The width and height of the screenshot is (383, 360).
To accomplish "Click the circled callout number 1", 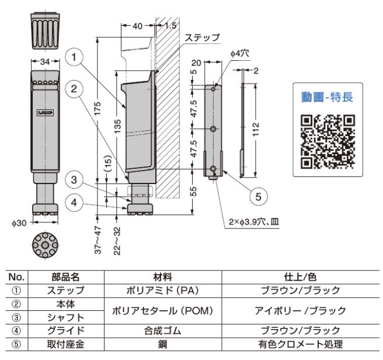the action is coord(74,57).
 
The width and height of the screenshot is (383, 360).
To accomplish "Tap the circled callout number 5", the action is coord(259,196).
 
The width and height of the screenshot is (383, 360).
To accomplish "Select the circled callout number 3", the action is coord(74,180).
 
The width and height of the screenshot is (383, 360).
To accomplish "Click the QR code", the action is coord(328,141).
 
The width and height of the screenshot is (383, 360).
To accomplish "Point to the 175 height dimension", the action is coord(98,108).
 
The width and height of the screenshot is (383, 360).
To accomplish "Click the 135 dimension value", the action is coord(117,126).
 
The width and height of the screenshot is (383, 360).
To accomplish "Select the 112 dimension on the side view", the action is coord(256,129).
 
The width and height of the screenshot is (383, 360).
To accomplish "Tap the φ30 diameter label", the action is coord(19,223).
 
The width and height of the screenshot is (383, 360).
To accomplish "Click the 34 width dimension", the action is coord(45,61).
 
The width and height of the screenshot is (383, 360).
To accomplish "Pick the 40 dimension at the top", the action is coord(137,26).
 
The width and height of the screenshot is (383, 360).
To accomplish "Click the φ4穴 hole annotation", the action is coord(240,54).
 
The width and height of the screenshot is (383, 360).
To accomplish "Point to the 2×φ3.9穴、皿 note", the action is coord(254,222).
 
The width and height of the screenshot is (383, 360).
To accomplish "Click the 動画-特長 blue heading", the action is coord(328,97).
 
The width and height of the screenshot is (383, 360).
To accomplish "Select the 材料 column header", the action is coord(162,277).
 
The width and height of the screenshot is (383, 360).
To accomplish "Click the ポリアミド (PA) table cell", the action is coord(162,290).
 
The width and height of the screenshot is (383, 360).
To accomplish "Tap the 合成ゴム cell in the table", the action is coord(162,331).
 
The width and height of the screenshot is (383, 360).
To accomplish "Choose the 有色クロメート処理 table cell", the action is coord(301,344).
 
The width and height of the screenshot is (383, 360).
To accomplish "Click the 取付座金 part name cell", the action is coord(66,344).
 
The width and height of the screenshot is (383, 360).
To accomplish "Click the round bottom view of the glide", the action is coord(45,245).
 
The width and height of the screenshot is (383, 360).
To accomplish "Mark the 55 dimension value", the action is coord(193,192).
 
